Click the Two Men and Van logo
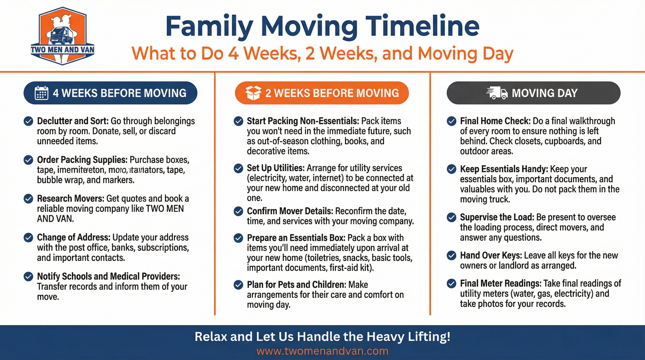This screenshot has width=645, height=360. pos(62,36)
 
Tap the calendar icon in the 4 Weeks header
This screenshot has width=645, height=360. pos(41,93)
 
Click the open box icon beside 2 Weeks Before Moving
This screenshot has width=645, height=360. pos(253,93)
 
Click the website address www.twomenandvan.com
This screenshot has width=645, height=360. pos(322,351)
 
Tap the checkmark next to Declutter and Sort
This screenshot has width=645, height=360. pos(29,121)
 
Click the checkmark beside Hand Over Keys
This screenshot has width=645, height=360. pos(451,256)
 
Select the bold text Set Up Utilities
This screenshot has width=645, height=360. pos(275,168)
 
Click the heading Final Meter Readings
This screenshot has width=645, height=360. pos(500,283)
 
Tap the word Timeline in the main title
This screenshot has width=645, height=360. pos(422,26)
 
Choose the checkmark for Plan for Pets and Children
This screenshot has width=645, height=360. pos(239,285)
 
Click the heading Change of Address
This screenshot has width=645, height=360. pos(73,237)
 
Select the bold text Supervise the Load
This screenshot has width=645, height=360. pos(497,217)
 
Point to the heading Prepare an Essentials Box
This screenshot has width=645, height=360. pos(296,238)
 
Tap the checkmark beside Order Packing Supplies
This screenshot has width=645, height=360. pos(29,160)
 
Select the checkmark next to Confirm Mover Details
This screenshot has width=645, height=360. pos(239,211)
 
